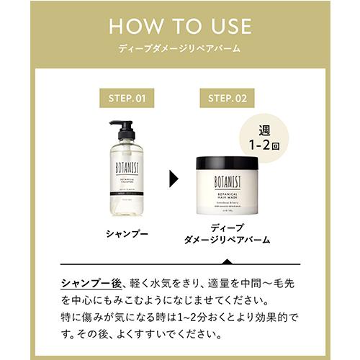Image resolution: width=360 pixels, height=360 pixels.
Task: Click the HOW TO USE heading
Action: pyautogui.click(x=180, y=27)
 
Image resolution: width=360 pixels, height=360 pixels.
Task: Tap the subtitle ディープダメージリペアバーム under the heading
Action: pyautogui.click(x=180, y=50)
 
